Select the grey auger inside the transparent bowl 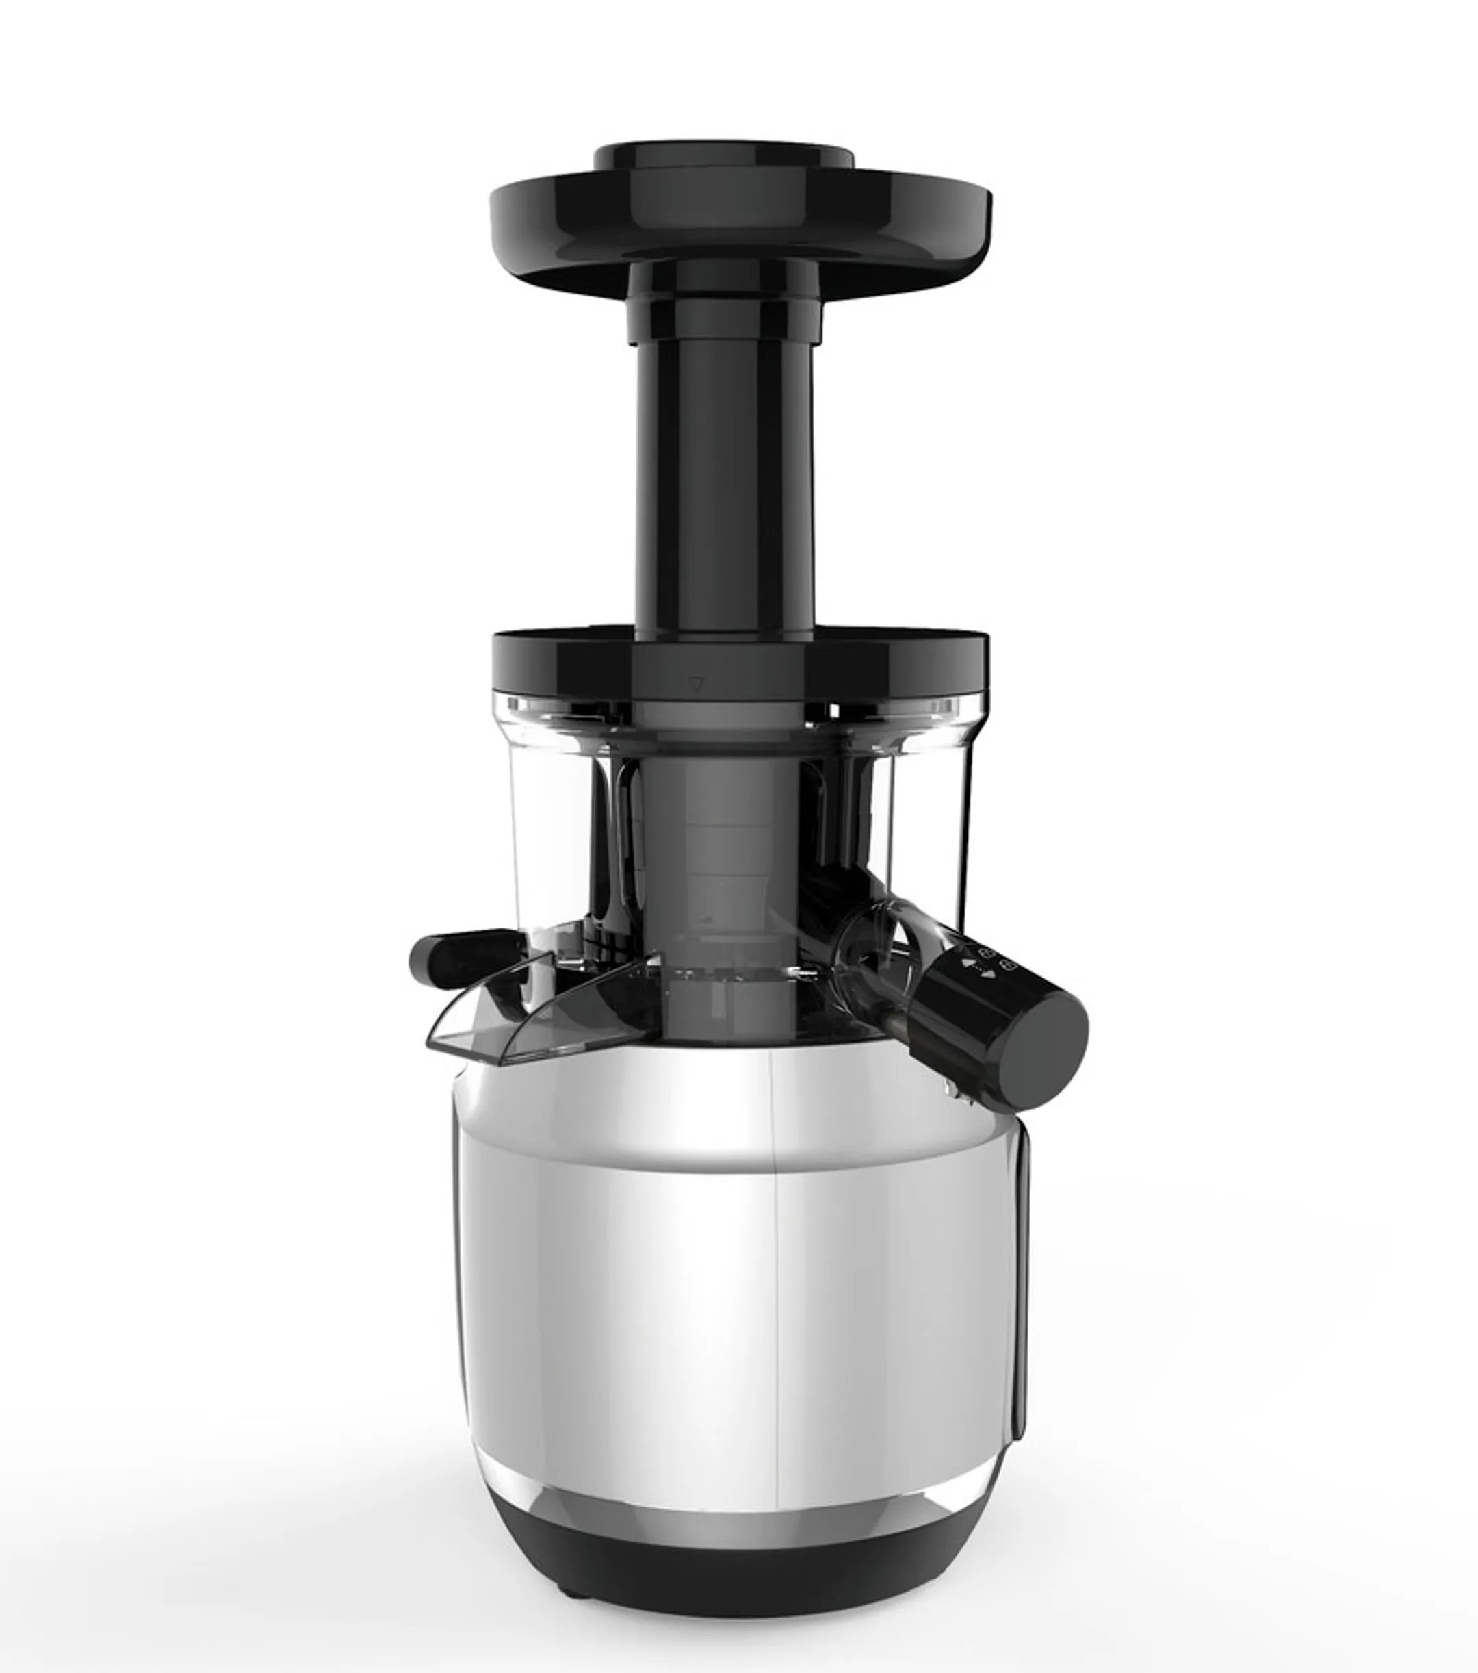720,859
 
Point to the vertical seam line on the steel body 773,1310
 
